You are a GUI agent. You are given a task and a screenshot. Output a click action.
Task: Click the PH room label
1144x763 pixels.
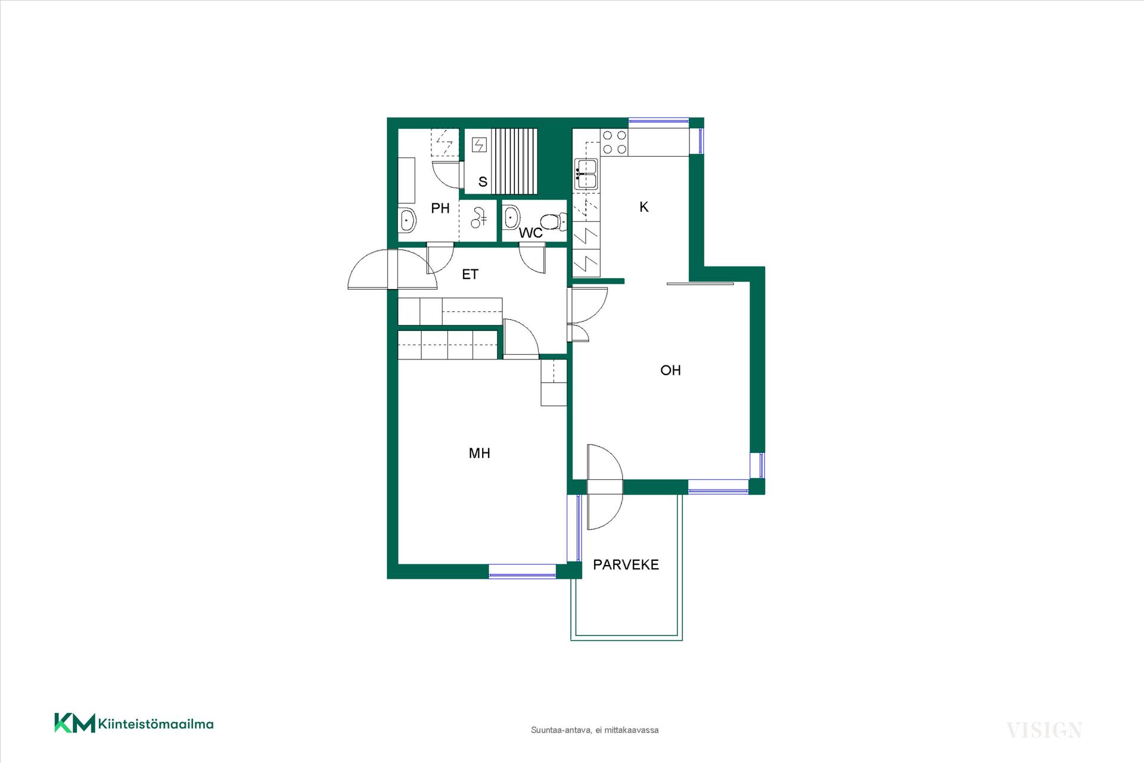click(440, 208)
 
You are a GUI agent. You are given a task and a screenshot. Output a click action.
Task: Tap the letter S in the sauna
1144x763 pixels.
click(483, 182)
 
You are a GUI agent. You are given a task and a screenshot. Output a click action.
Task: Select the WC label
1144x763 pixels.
click(530, 232)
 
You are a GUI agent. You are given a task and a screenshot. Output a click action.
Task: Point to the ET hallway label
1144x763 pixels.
click(470, 274)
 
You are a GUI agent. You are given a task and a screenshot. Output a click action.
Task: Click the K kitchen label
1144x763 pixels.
click(643, 207)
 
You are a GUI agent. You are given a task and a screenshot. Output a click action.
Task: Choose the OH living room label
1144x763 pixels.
click(670, 370)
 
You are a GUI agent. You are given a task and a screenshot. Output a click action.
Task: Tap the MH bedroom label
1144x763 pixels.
click(480, 453)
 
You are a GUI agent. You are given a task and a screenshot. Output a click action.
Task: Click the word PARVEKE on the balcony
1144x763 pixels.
click(626, 565)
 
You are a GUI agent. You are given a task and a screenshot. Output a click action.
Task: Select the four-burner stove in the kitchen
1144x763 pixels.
click(614, 142)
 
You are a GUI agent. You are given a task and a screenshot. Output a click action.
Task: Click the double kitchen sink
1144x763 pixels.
click(586, 174)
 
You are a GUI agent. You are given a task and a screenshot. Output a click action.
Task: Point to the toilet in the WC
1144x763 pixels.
click(554, 222)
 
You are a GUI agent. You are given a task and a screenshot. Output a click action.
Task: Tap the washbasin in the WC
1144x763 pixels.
click(512, 218)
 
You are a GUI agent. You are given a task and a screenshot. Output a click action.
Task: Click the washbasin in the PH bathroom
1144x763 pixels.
click(408, 221)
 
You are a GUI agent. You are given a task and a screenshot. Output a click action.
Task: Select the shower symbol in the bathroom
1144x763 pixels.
click(478, 218)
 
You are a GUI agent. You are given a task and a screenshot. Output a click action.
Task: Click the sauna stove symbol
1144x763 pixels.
click(480, 145)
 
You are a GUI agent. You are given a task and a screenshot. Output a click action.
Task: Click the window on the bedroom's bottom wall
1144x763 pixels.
click(523, 572)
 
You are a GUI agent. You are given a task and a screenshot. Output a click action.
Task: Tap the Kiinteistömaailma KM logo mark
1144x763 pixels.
click(74, 723)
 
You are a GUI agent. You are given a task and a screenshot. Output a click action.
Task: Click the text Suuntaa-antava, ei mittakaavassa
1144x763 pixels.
click(595, 730)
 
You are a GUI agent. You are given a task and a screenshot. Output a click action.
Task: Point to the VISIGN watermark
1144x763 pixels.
click(1044, 730)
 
